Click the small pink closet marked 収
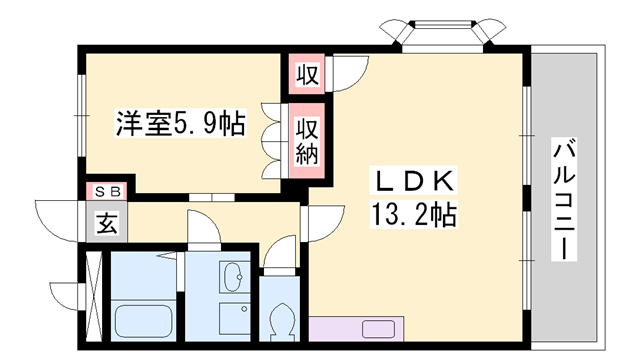pos(305,74)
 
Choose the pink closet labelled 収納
pos(305,140)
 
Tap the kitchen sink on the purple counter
pos(381,329)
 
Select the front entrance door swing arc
pos(58,218)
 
